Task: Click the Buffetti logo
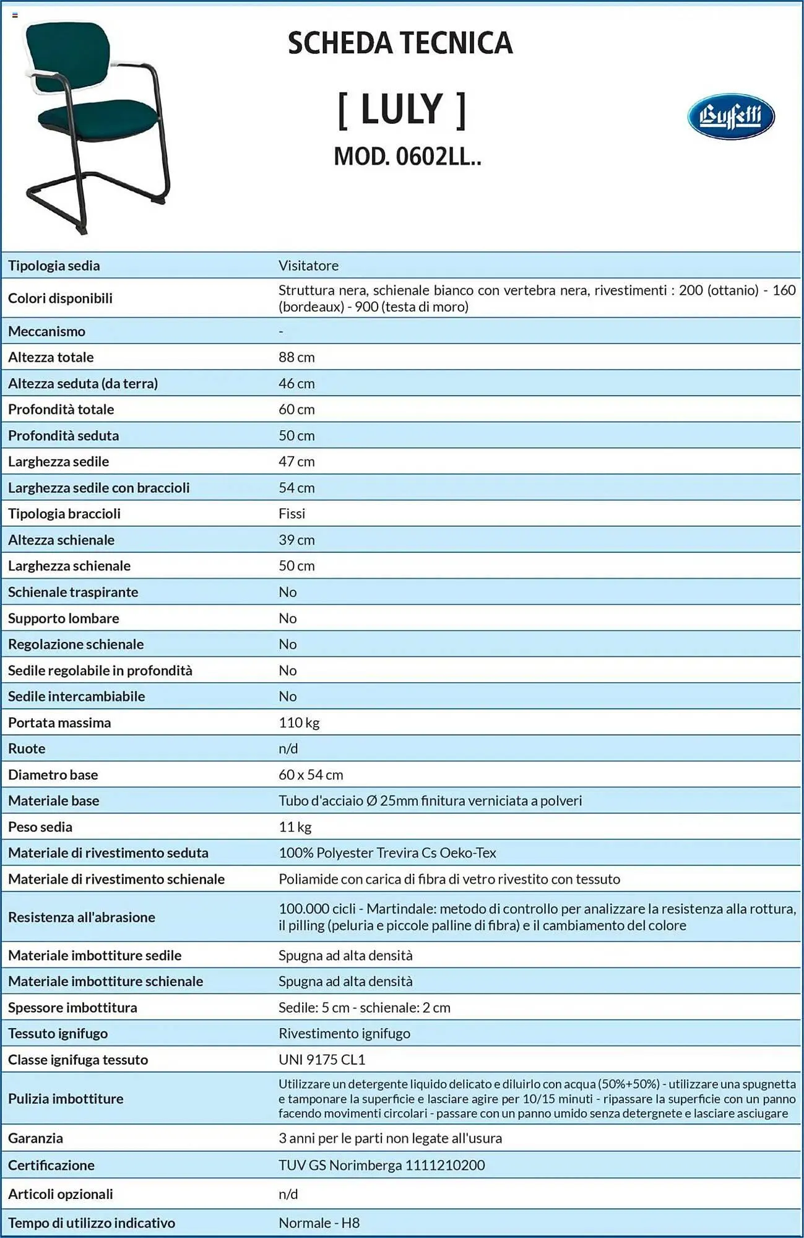[730, 116]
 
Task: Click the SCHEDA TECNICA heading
[400, 43]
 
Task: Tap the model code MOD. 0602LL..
[407, 157]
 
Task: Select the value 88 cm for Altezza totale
[296, 357]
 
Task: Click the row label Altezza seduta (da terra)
[83, 383]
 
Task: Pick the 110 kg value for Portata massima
[299, 722]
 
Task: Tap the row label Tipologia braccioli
[64, 514]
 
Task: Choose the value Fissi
[292, 514]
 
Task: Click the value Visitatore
[308, 266]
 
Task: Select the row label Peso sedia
[40, 827]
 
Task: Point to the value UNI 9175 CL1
[322, 1060]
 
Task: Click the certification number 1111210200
[445, 1165]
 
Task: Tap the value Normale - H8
[319, 1223]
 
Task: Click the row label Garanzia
[35, 1138]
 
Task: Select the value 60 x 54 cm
[311, 774]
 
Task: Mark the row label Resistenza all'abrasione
[82, 917]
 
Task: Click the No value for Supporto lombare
[288, 618]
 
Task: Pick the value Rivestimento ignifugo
[344, 1033]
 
